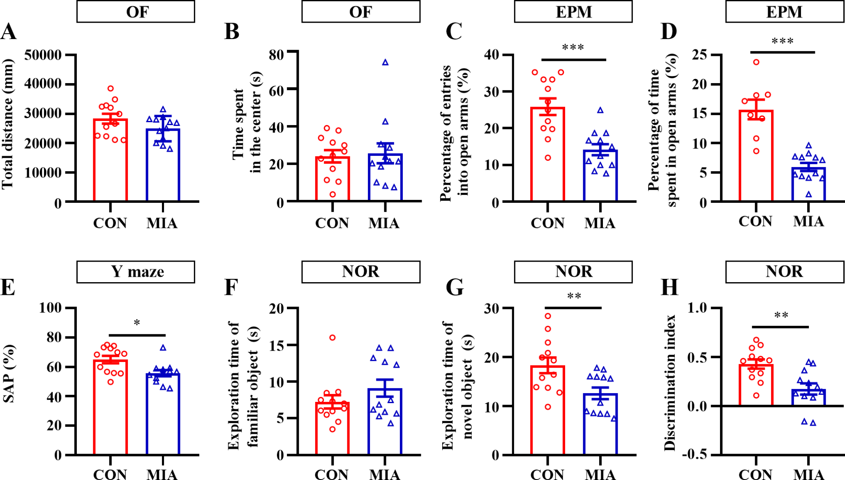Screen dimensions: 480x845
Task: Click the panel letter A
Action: pyautogui.click(x=9, y=32)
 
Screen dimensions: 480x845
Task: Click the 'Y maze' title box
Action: pyautogui.click(x=136, y=272)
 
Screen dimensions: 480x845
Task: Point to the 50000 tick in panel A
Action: pyautogui.click(x=43, y=55)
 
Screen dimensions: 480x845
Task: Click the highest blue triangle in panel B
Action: pyautogui.click(x=385, y=63)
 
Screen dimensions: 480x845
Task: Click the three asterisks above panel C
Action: pyautogui.click(x=573, y=47)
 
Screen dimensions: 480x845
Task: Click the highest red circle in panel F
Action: pyautogui.click(x=332, y=338)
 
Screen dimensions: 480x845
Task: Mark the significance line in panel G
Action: pyautogui.click(x=573, y=308)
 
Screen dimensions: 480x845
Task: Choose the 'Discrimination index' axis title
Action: pyautogui.click(x=670, y=383)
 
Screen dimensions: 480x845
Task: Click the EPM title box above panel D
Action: pyautogui.click(x=785, y=12)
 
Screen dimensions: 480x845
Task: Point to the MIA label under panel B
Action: pyautogui.click(x=384, y=223)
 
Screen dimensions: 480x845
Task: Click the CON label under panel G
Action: pyautogui.click(x=547, y=474)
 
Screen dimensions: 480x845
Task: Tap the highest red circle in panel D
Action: pyautogui.click(x=756, y=62)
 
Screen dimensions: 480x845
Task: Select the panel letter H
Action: pyautogui.click(x=669, y=288)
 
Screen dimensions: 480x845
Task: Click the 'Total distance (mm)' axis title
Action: pyautogui.click(x=8, y=124)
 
